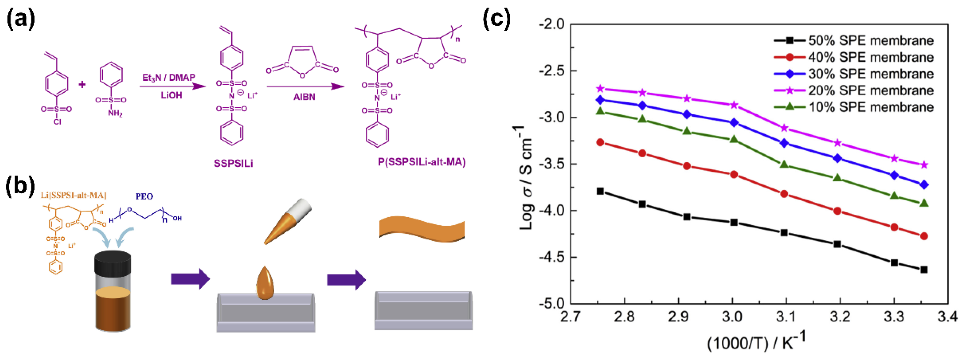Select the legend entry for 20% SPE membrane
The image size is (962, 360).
point(870,90)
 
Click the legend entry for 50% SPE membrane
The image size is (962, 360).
point(870,40)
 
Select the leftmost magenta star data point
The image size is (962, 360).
point(600,89)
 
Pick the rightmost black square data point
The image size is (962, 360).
point(924,269)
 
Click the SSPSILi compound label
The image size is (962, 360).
point(233,163)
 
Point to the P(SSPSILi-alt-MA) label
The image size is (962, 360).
point(421,162)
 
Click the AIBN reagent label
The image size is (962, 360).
point(304,97)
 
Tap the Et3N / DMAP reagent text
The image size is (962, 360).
point(169,77)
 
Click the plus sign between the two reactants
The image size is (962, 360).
point(82,85)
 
